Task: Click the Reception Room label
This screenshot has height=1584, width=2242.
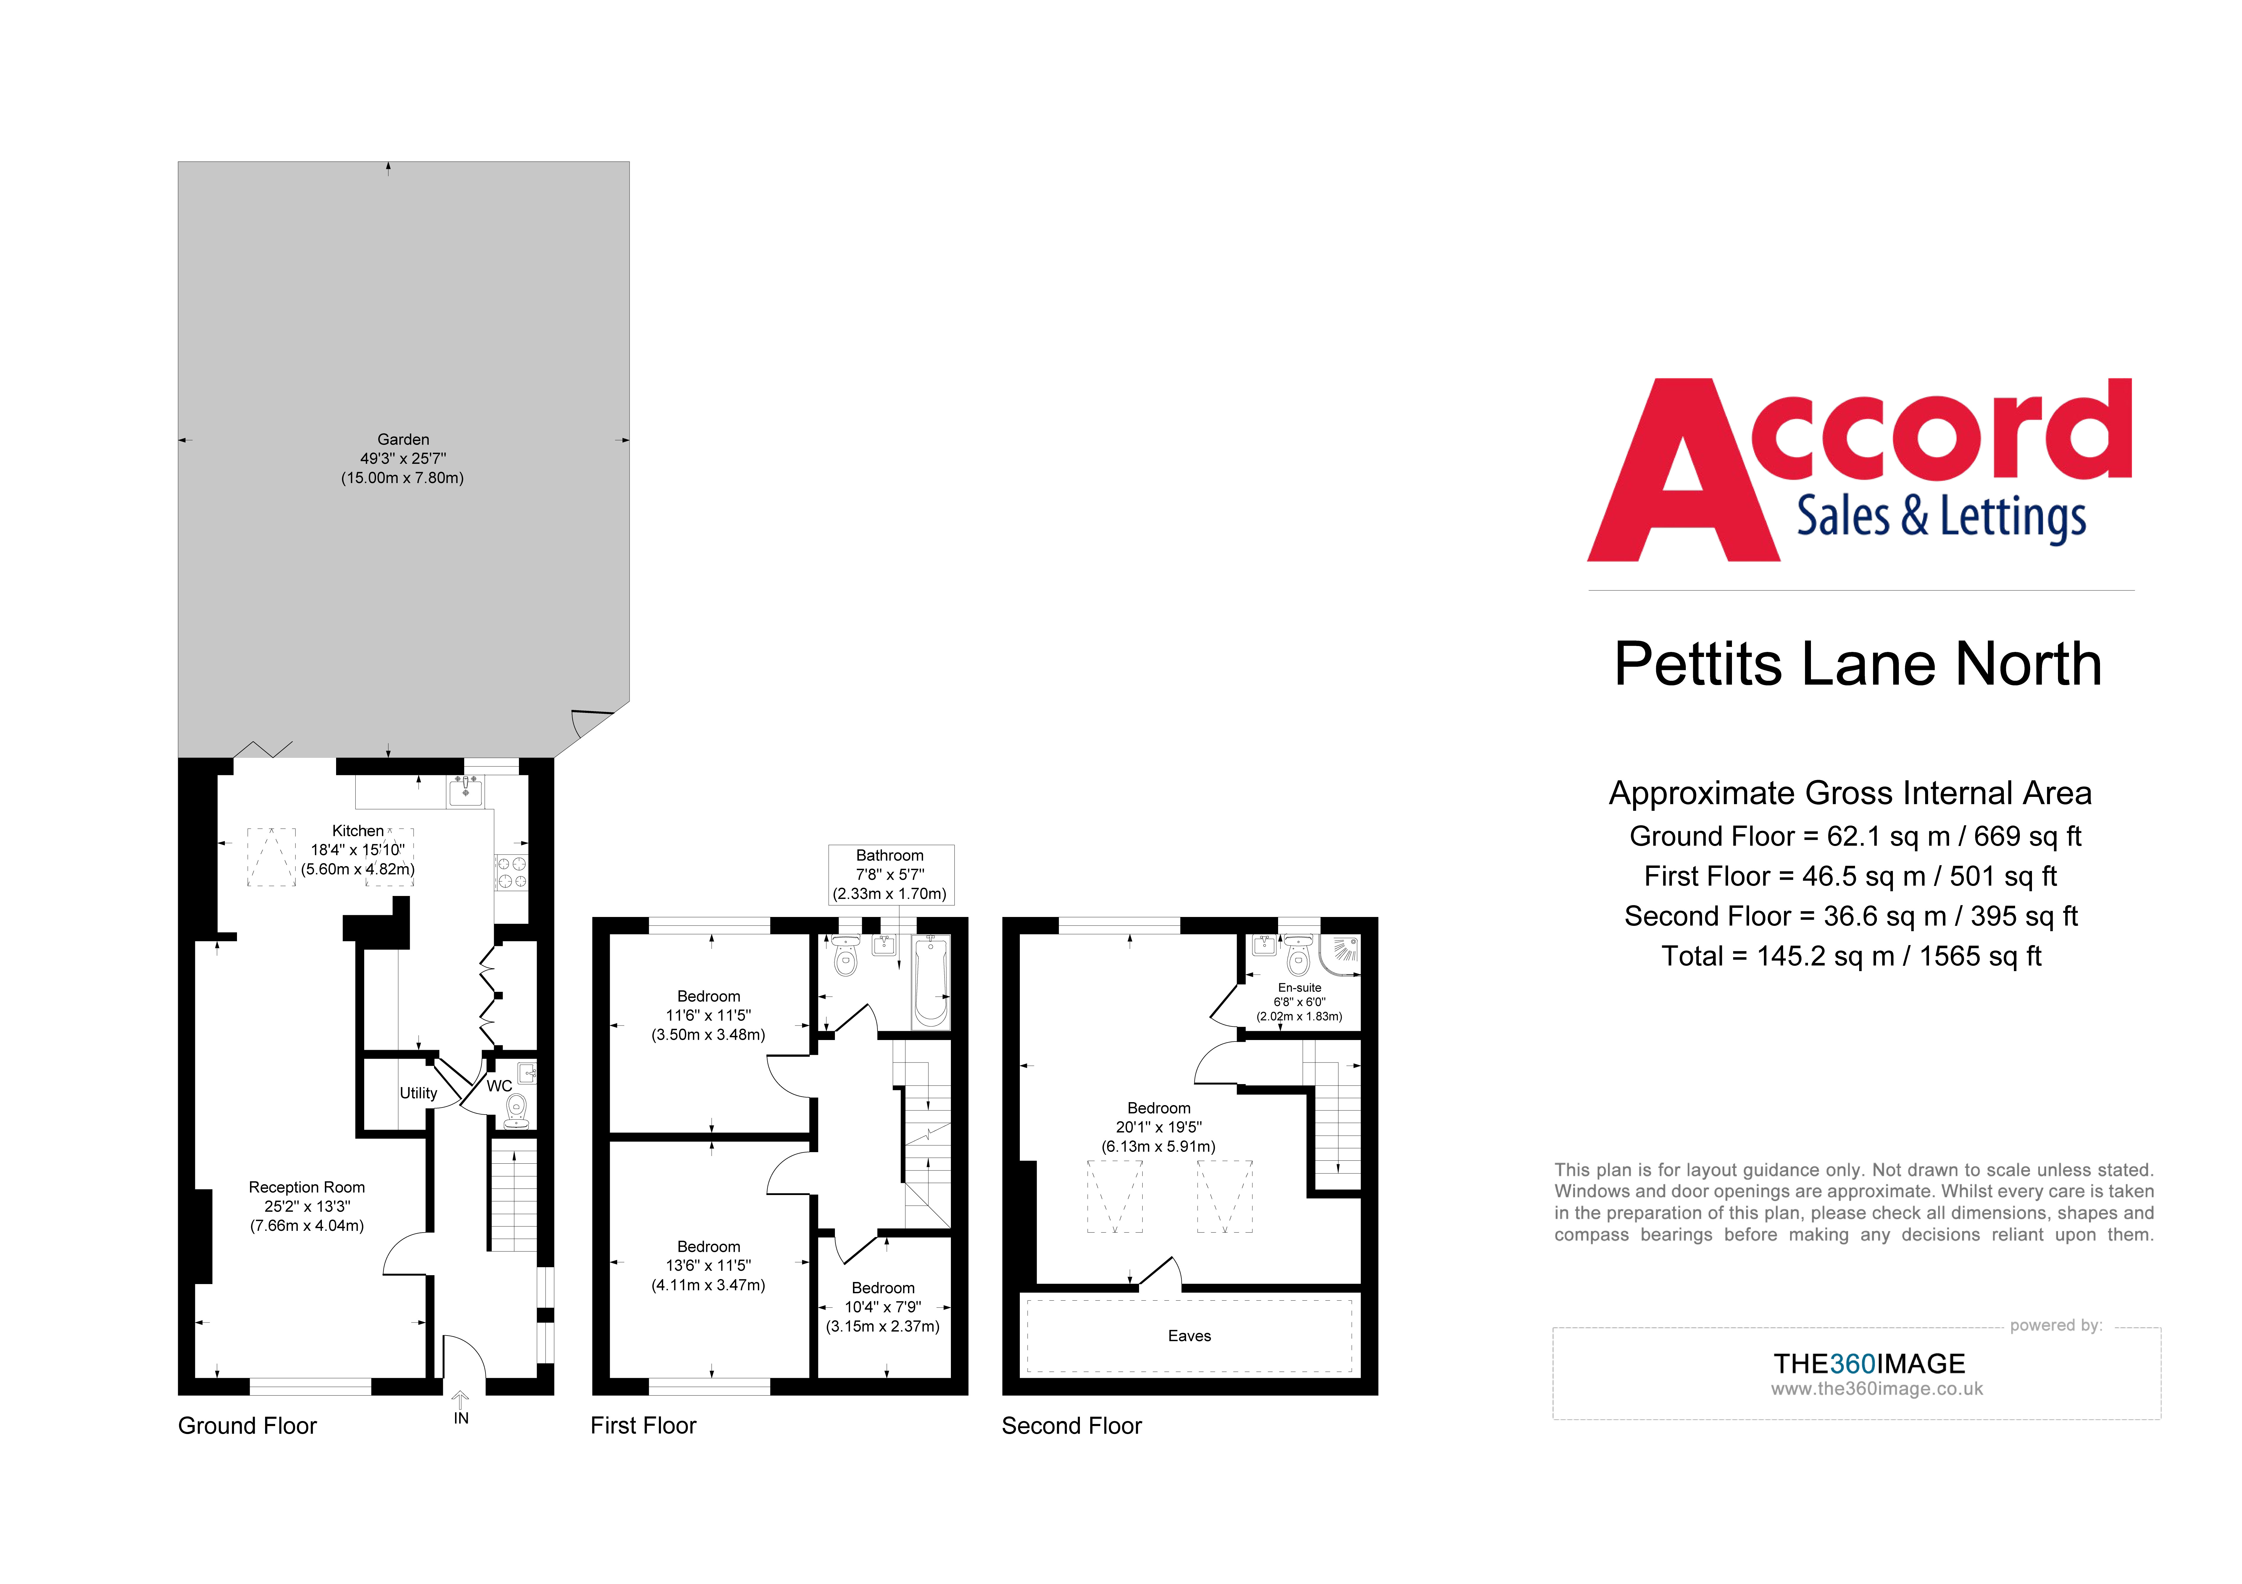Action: coord(307,1206)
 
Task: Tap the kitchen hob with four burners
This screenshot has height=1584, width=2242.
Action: coord(512,872)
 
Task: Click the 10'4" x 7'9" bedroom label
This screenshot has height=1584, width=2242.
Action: coord(883,1307)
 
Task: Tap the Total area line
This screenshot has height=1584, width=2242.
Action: coord(1851,956)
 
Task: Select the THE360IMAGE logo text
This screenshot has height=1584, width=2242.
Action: coord(1869,1363)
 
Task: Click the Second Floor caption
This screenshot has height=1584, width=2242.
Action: coord(1071,1426)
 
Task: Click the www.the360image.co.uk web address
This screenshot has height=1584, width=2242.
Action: coord(1877,1389)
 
